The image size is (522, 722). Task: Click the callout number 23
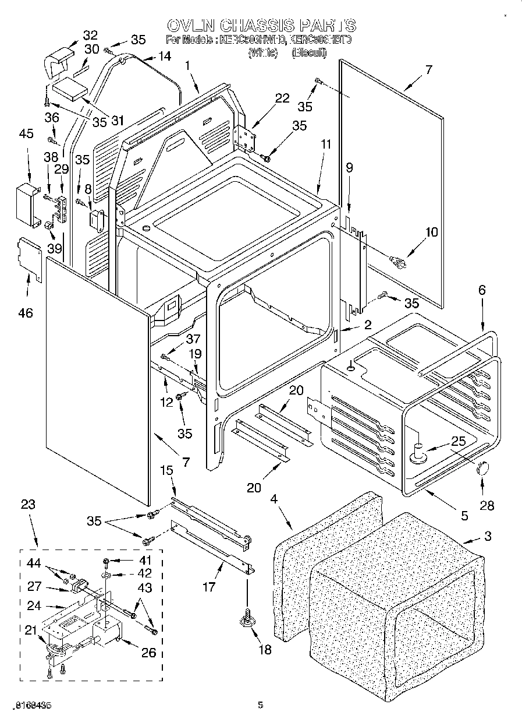(x=27, y=506)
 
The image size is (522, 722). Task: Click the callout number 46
(x=26, y=313)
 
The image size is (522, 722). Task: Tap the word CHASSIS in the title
(x=261, y=26)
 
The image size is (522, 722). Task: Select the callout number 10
(x=431, y=232)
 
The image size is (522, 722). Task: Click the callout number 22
(x=282, y=98)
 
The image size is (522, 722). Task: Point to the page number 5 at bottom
(x=260, y=705)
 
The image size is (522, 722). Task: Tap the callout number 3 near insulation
(x=487, y=536)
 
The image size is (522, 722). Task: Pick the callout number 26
(x=149, y=653)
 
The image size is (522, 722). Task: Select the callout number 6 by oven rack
(x=481, y=290)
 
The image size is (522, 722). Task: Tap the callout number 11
(x=325, y=144)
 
